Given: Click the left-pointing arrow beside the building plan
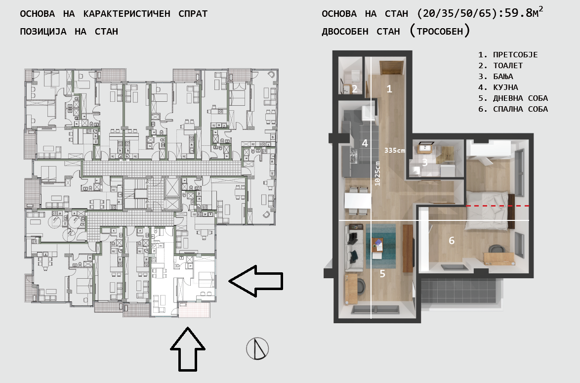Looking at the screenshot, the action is tap(255, 281).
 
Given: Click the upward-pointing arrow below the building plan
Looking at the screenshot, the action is tap(188, 349).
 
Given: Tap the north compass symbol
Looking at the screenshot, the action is tap(257, 348).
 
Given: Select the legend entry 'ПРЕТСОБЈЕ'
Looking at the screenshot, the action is tap(515, 55).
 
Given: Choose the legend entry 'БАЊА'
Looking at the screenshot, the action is tap(503, 77).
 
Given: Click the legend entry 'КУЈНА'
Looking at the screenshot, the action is tap(505, 87).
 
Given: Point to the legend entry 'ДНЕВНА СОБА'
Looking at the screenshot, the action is tap(520, 98).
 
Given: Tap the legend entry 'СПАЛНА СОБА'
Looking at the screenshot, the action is tap(520, 109).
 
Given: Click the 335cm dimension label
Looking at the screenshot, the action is tap(395, 150).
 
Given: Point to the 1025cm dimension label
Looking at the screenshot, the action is tap(377, 173).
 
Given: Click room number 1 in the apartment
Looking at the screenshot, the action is tap(389, 88).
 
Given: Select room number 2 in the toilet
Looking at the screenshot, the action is tap(354, 89).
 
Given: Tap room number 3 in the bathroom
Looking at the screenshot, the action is tap(425, 162).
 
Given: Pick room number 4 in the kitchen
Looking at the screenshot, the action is tap(365, 143).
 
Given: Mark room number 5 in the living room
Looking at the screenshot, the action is tap(382, 273).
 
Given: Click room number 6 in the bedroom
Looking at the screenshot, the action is tap(451, 241).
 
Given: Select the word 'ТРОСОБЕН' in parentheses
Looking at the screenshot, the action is tap(440, 32).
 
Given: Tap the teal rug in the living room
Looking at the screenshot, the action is tap(381, 247).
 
